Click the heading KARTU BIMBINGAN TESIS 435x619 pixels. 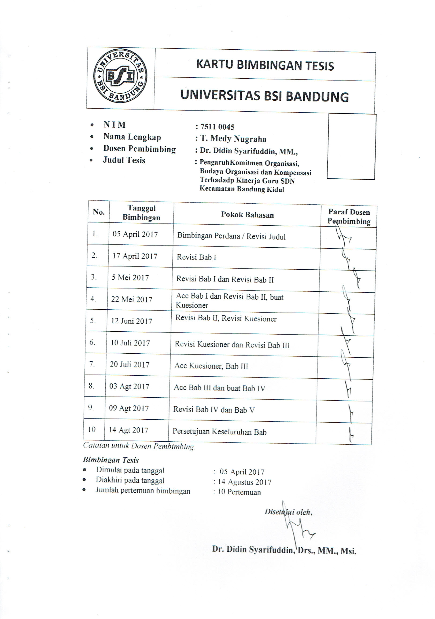point(265,66)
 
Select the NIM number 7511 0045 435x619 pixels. point(217,127)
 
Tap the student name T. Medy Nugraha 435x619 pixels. point(233,139)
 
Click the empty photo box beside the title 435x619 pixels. point(351,146)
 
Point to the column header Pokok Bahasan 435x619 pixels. point(247,215)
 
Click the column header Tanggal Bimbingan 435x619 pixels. point(142,213)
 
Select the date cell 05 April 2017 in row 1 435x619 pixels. point(135,234)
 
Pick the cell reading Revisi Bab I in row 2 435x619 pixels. point(197,257)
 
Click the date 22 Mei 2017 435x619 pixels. point(132,299)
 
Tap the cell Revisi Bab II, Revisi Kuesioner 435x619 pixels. point(226,319)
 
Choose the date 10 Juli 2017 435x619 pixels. point(130,343)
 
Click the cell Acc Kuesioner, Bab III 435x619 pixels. point(211,366)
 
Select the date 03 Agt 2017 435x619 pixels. point(129,387)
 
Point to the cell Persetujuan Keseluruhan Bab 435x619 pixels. point(219,432)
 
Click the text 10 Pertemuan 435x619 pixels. point(239,492)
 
